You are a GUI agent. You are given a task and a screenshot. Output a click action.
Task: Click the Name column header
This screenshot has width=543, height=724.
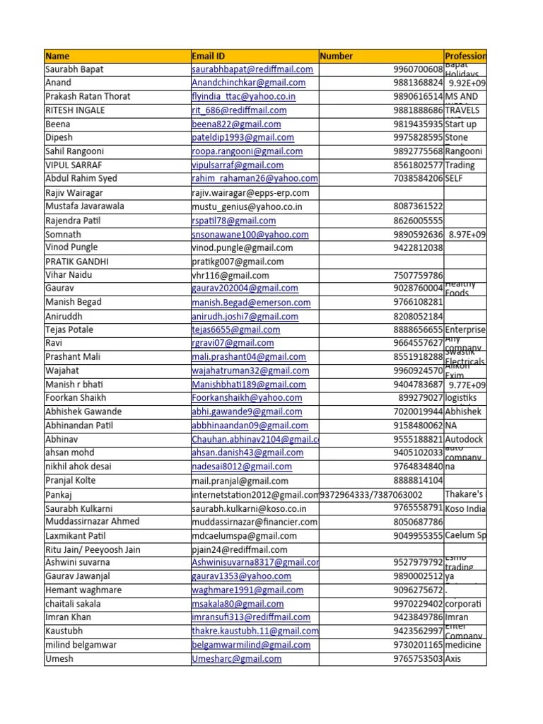(58, 56)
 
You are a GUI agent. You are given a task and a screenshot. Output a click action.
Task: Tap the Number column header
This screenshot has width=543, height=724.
(337, 56)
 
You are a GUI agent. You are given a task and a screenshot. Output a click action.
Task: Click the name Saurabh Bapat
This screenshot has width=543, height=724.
(75, 69)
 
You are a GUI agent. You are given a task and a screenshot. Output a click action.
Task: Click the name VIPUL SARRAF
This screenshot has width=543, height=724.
(75, 165)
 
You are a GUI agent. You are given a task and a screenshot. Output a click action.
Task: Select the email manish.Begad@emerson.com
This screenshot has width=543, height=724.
(251, 303)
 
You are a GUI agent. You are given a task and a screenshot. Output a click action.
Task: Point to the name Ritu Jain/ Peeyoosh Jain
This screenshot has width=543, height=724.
(93, 549)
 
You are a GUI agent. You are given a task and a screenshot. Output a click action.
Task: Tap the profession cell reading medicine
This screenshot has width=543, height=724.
(463, 645)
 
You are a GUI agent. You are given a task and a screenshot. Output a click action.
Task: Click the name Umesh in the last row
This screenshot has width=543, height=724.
(59, 658)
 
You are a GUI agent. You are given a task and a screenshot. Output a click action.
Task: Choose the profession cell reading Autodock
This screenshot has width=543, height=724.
(465, 439)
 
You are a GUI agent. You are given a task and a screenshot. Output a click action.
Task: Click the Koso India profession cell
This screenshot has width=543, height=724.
(465, 508)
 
